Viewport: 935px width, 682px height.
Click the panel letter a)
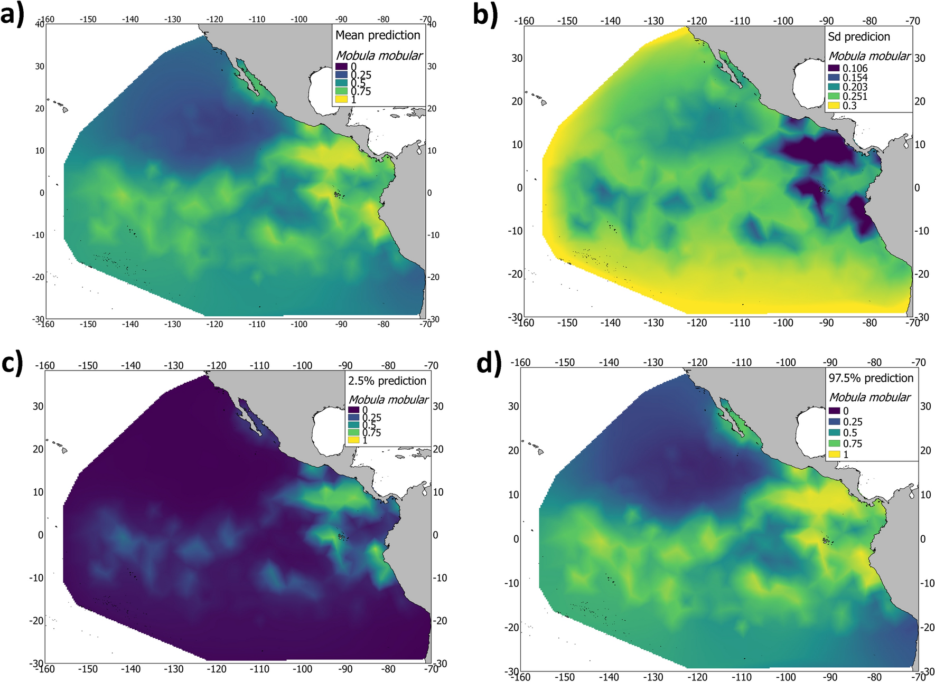(x=12, y=15)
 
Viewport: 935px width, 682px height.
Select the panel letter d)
(x=489, y=362)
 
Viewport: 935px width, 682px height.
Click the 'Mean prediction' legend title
(x=378, y=35)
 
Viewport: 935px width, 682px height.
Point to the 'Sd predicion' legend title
(x=859, y=37)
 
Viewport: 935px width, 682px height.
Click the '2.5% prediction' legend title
(x=387, y=381)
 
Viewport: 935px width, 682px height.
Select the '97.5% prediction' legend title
(x=871, y=378)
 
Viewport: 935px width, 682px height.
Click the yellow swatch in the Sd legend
(x=834, y=106)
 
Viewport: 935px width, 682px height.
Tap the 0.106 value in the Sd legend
(x=855, y=69)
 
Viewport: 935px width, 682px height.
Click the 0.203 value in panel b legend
(x=855, y=87)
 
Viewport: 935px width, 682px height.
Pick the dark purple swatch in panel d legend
(x=834, y=411)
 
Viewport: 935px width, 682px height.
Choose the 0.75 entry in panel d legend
(x=852, y=443)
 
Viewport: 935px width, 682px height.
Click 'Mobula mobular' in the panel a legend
(x=379, y=55)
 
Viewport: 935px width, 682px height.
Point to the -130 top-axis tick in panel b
(x=654, y=21)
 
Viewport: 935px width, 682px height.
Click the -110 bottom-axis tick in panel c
(x=259, y=669)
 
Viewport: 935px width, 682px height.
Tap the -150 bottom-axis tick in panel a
(x=88, y=324)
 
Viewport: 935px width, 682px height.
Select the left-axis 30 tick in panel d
(x=513, y=406)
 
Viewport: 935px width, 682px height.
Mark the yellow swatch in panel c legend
(x=353, y=440)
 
